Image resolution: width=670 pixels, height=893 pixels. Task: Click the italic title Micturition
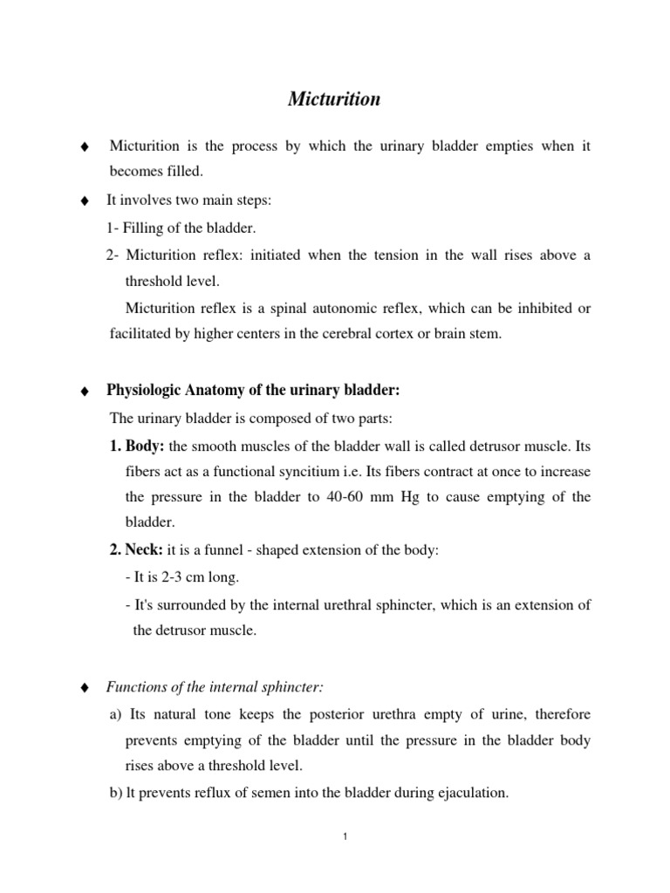pos(334,99)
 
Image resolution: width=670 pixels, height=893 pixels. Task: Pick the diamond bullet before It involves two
pos(84,201)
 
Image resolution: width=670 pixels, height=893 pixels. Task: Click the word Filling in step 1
pos(140,228)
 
